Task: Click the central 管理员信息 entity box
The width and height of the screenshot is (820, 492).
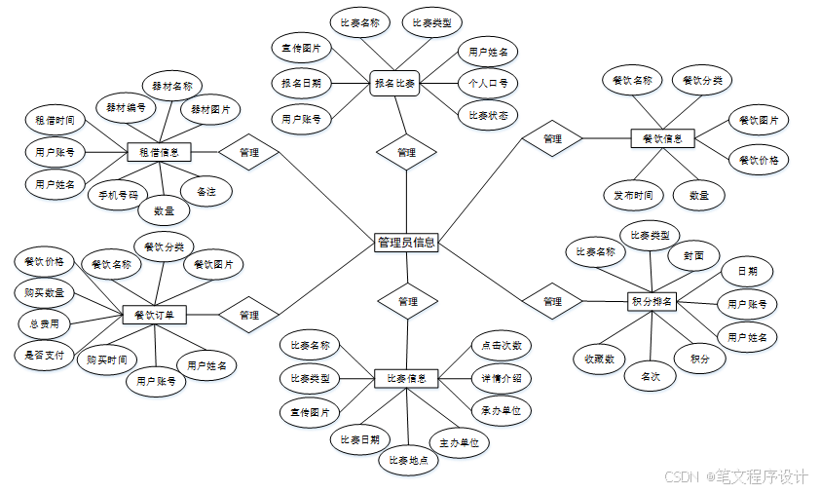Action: point(406,243)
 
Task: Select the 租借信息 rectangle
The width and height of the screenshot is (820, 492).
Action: point(160,152)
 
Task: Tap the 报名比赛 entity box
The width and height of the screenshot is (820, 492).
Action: point(395,84)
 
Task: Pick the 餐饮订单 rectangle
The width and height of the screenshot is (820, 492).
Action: point(154,315)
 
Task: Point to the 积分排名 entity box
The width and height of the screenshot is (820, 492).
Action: point(652,301)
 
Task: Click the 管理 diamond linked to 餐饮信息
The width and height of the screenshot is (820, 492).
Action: point(552,138)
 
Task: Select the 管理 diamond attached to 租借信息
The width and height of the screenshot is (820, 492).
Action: point(248,152)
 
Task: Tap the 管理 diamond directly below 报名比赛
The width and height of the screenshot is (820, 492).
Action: point(406,152)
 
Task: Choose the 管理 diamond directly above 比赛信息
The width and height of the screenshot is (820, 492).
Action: point(407,302)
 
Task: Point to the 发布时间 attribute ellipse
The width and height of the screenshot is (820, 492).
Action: point(633,195)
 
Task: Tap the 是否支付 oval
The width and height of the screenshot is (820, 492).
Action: point(45,356)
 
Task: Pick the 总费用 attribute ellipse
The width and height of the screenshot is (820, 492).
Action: point(45,323)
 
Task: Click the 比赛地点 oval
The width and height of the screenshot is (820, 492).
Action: point(408,460)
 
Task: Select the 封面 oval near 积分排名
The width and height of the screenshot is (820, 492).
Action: point(693,255)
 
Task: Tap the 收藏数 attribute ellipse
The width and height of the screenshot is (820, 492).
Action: point(599,359)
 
